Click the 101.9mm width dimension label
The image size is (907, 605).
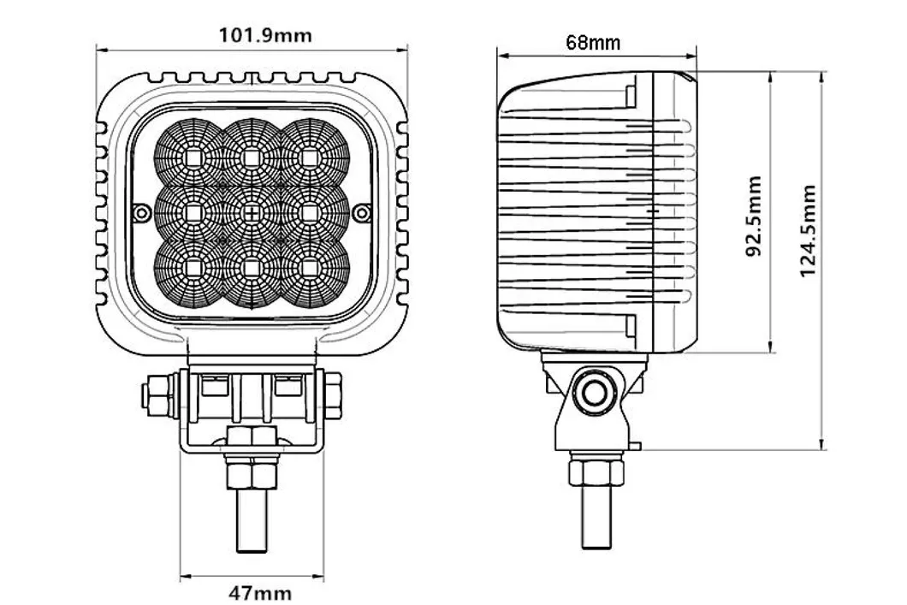(265, 35)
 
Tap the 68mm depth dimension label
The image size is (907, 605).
(593, 42)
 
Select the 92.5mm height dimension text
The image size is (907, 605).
(753, 216)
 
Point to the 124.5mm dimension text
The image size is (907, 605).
(808, 230)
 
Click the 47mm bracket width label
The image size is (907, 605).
(260, 593)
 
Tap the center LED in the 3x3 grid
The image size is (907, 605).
(252, 213)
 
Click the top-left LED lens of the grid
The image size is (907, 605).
(192, 157)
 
